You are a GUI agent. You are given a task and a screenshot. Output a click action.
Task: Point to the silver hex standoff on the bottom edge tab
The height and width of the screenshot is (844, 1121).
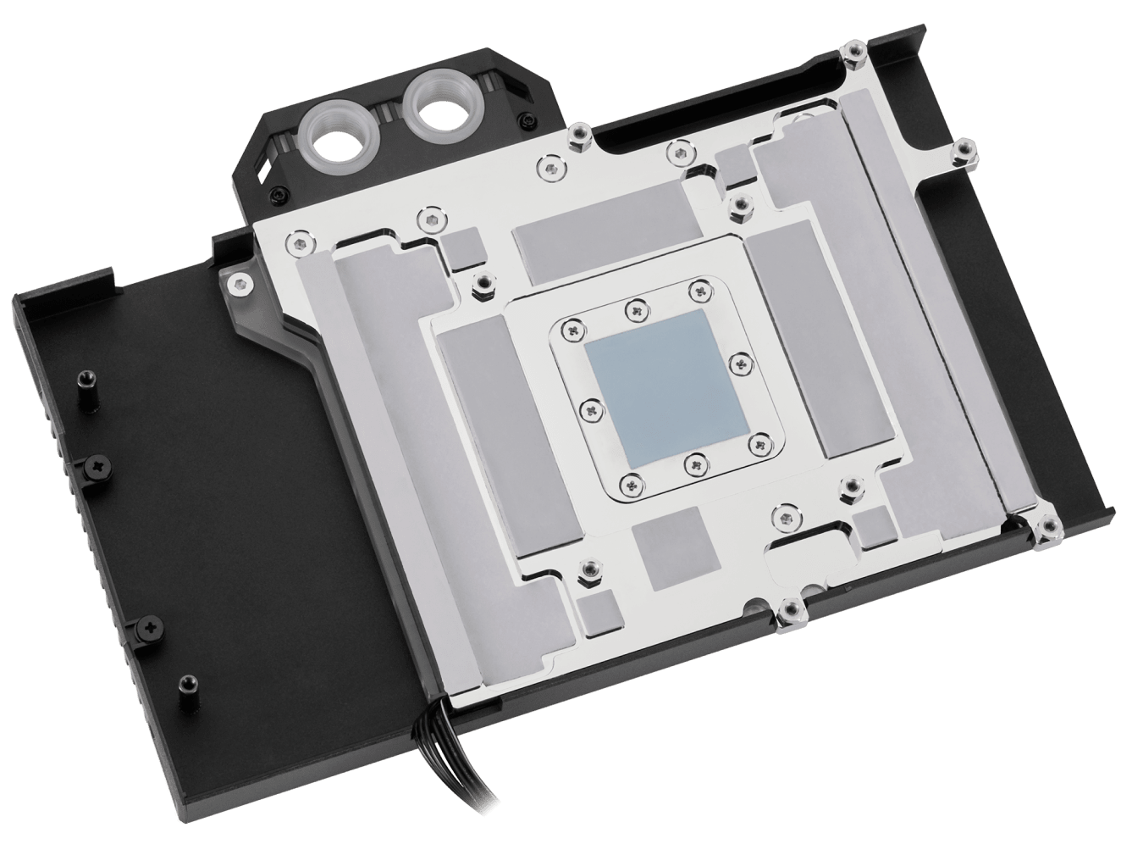click(792, 607)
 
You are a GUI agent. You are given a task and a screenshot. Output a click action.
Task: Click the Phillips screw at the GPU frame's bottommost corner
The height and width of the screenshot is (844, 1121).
click(631, 483)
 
